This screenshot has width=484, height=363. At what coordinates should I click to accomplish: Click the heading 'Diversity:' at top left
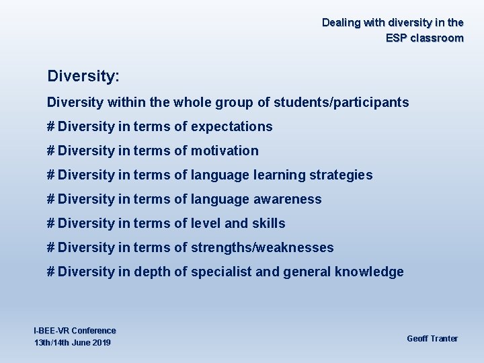coord(83,76)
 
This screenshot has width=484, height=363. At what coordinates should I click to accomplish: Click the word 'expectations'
coord(231,126)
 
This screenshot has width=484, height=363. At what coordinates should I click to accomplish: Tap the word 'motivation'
coord(225,151)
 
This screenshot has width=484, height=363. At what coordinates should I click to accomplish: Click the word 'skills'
coord(268,223)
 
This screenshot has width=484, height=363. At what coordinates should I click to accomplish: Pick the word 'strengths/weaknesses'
coord(261,247)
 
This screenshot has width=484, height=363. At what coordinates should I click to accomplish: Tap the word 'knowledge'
coord(371,272)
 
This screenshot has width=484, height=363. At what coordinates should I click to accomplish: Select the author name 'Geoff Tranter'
coord(432,338)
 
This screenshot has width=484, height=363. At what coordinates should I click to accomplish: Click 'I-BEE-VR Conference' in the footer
coord(75,331)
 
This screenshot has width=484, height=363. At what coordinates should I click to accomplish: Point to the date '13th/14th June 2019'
coord(73,343)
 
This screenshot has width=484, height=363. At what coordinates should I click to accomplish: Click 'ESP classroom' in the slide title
coord(424,38)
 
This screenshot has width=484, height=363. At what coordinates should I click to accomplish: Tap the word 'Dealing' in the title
coord(341,22)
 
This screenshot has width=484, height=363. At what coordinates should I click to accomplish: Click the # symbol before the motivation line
coord(50,151)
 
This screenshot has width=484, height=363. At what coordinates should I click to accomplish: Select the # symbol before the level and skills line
coord(50,223)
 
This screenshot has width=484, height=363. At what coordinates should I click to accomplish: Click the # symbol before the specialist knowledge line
coord(50,272)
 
